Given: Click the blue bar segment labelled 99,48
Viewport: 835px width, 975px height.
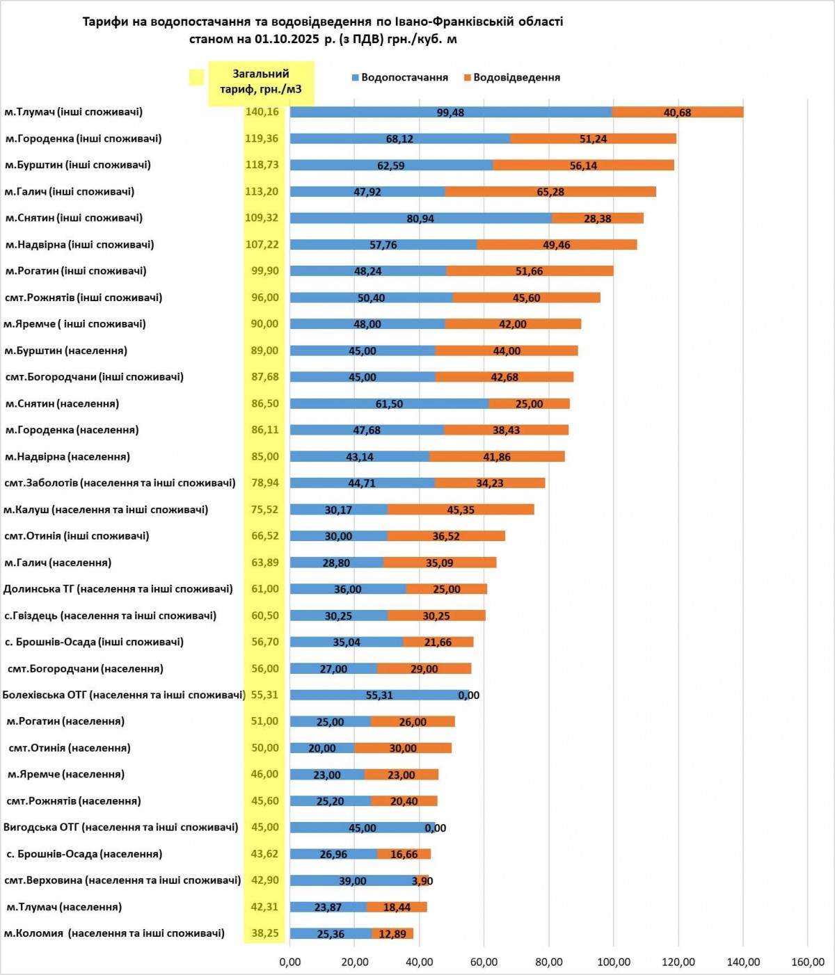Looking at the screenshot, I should point(450,112).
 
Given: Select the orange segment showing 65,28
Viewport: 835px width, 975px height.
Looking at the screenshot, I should point(550,191).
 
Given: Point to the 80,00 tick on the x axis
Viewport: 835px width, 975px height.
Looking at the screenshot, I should point(549,962).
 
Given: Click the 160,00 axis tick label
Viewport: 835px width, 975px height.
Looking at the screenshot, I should point(808,962).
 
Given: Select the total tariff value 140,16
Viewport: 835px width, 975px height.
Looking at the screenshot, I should point(262,112).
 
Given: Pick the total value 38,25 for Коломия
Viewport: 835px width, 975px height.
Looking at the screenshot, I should point(264,933).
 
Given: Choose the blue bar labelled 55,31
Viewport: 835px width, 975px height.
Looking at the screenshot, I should point(379,695).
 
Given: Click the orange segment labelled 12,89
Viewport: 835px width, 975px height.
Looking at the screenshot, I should point(392,933).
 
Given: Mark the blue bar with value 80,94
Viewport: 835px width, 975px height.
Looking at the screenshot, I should point(420,218).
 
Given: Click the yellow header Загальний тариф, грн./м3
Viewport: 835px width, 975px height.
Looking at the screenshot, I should point(261,82).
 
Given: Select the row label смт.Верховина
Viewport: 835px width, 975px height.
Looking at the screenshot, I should point(122,880).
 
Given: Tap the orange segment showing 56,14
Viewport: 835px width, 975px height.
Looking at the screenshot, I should point(583,166).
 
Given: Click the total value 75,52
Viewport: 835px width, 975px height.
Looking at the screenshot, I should point(264,510).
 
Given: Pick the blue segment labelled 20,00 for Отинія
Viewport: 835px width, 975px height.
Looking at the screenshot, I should point(322,748).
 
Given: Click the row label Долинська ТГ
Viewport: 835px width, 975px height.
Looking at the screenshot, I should point(118,589).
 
